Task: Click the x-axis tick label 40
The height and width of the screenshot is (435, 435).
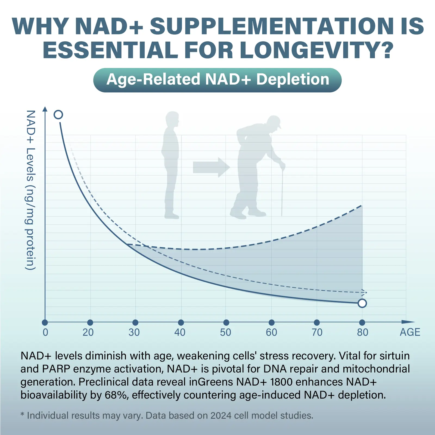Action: [180, 332]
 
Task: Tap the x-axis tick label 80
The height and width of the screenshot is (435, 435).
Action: [362, 332]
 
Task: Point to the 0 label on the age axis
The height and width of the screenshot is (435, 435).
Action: [45, 332]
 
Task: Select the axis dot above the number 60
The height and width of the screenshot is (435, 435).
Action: [271, 322]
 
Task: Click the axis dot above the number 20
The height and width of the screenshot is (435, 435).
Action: [90, 322]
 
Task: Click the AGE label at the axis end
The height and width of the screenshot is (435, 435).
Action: [410, 332]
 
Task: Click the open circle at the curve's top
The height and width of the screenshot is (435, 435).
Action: [58, 115]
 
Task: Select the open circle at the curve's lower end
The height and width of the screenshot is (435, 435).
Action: [362, 303]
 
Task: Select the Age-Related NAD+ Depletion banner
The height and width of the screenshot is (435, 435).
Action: [217, 80]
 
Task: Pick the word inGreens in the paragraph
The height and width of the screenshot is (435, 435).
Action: [211, 382]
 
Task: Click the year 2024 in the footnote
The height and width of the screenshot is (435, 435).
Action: [221, 415]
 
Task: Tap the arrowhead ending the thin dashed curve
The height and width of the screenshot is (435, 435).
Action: [364, 292]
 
